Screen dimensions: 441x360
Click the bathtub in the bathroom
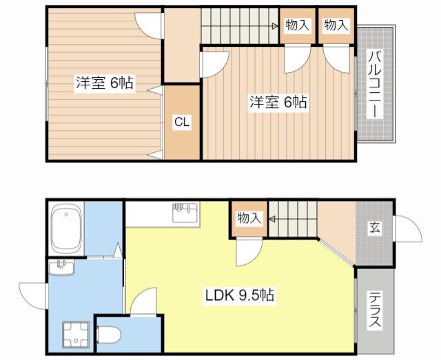tap(66, 229)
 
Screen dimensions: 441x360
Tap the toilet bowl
tap(109, 335)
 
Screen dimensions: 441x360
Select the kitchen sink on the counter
tap(185, 213)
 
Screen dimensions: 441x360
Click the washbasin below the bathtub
tap(61, 267)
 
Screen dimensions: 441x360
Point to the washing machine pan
tap(75, 335)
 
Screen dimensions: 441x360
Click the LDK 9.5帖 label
tap(240, 295)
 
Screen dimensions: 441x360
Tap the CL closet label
tap(182, 122)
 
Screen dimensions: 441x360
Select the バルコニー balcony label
tap(375, 84)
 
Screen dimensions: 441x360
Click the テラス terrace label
tap(375, 310)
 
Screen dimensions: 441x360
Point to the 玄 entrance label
tap(375, 228)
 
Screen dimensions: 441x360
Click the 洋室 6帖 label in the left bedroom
tap(104, 83)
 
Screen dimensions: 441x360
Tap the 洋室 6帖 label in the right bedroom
tap(278, 102)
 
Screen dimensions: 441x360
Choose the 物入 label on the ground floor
tap(249, 218)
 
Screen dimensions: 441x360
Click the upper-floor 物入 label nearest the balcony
tap(336, 25)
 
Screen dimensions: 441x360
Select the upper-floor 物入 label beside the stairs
tap(298, 25)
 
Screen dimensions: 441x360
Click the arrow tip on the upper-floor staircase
tap(278, 26)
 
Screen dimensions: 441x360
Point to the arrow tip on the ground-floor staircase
tap(269, 219)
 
